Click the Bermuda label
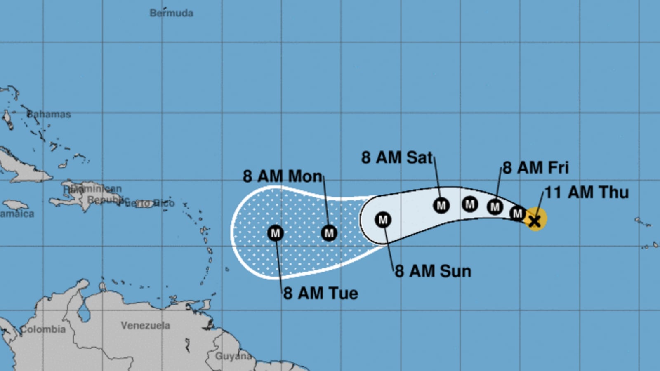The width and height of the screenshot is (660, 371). (x=171, y=13)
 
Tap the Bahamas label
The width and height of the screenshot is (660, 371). (x=49, y=114)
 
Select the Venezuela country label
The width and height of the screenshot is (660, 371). (x=145, y=325)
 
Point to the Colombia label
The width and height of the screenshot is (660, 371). (x=43, y=329)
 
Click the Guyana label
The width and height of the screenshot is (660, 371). (x=233, y=356)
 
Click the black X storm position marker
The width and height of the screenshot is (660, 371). (x=535, y=221)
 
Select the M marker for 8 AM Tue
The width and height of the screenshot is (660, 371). (x=275, y=233)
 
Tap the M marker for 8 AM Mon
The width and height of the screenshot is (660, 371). (x=329, y=233)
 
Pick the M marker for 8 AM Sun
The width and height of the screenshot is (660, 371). (x=383, y=220)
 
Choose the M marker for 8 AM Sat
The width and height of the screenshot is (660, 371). (x=441, y=205)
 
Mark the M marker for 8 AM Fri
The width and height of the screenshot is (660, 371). (x=495, y=207)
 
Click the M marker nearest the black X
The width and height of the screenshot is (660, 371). (x=517, y=214)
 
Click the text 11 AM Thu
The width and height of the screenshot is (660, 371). (x=587, y=193)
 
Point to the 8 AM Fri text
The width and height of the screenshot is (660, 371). (x=535, y=168)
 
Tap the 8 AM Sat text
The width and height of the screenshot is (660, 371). (x=397, y=157)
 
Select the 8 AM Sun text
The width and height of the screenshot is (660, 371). (x=433, y=271)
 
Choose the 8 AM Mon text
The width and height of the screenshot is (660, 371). (x=282, y=176)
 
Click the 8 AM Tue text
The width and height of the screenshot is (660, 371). (x=321, y=294)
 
